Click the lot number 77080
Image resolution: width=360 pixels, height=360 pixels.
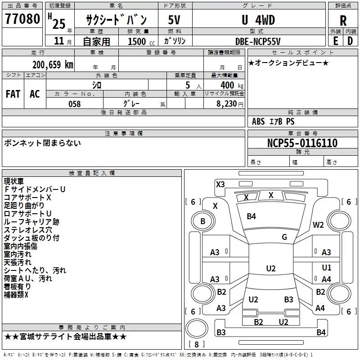click(x=22, y=19)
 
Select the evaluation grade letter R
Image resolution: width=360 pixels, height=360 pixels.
click(x=343, y=21)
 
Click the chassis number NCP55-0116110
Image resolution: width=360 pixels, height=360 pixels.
click(x=302, y=143)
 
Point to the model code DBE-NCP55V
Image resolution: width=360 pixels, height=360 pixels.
click(x=258, y=41)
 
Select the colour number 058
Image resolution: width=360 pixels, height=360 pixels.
click(x=74, y=103)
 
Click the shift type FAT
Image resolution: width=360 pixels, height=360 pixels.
click(x=13, y=94)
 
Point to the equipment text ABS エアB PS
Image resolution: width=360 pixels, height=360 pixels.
click(x=273, y=121)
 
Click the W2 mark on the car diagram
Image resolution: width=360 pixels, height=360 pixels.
click(x=319, y=225)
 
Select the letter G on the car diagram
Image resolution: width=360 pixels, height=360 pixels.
click(x=284, y=237)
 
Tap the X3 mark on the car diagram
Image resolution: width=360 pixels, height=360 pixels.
click(x=220, y=184)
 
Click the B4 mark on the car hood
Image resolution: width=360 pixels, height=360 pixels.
click(x=251, y=216)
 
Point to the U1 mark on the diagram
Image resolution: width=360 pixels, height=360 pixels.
click(x=327, y=268)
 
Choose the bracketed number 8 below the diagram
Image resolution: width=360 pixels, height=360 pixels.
click(x=196, y=344)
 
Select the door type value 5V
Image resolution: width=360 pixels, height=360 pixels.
click(x=175, y=20)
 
